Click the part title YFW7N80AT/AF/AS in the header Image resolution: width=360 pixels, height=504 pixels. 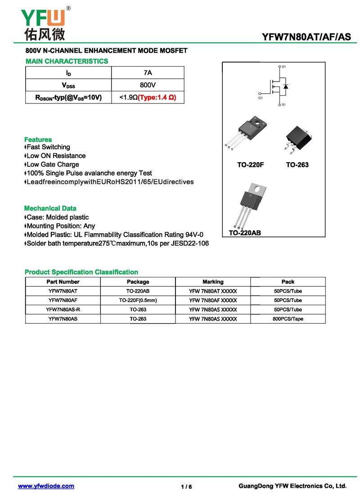(306, 38)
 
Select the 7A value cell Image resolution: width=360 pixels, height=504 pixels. (148, 73)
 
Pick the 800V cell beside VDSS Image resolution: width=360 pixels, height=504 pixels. (148, 85)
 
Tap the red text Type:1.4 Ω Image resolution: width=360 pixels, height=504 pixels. (157, 97)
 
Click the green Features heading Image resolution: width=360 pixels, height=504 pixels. (38, 139)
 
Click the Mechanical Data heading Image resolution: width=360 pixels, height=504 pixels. (50, 208)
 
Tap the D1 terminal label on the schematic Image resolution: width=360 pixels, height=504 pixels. (284, 67)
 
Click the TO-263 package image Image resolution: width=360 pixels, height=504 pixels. (297, 135)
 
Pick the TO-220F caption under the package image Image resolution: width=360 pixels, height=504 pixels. (251, 165)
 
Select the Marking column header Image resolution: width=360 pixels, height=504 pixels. (213, 282)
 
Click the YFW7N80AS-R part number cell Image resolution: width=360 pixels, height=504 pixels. (63, 310)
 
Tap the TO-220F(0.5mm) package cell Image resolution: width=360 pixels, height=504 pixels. (138, 300)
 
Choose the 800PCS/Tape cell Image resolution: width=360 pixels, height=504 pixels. (288, 319)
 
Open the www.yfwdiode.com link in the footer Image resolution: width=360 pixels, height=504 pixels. (46, 486)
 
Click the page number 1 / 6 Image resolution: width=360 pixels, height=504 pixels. (186, 487)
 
